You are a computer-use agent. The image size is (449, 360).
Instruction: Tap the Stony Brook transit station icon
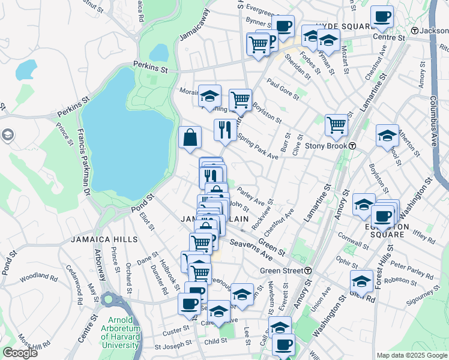(x=353, y=146)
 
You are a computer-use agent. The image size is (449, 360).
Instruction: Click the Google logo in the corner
(x=20, y=353)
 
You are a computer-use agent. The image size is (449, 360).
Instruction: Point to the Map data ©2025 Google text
(x=412, y=355)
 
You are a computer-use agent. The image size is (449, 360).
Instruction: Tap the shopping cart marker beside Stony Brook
(x=336, y=125)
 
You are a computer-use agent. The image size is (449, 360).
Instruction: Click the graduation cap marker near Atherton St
(x=387, y=136)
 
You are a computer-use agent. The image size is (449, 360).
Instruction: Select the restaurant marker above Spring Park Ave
(x=225, y=130)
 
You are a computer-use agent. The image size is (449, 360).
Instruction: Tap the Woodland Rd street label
(x=38, y=278)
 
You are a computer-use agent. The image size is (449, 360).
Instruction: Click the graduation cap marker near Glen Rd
(x=361, y=280)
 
